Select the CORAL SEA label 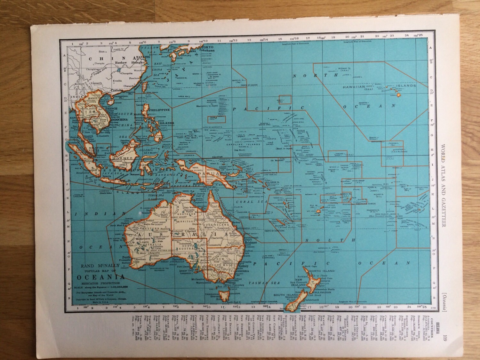(245, 202)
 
